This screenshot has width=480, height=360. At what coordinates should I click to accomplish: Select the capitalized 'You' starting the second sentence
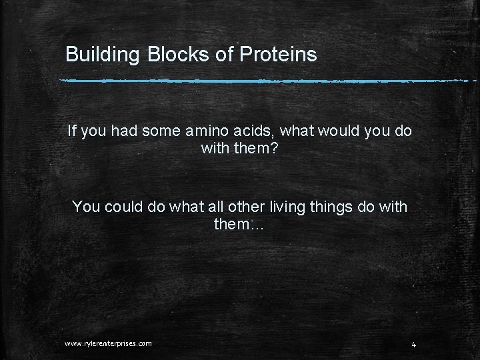point(86,207)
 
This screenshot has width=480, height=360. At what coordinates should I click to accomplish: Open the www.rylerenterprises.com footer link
point(108,343)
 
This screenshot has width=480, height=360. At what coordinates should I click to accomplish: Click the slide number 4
point(414,344)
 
